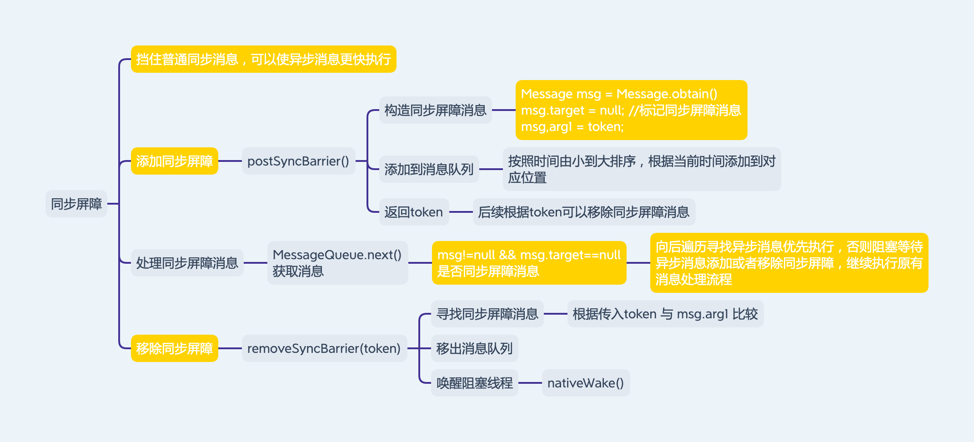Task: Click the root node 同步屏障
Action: pyautogui.click(x=76, y=204)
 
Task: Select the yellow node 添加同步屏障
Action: pyautogui.click(x=174, y=161)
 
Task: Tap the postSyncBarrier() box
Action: pyautogui.click(x=298, y=161)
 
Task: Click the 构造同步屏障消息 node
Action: pyautogui.click(x=435, y=110)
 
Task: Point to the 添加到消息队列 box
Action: pyautogui.click(x=429, y=169)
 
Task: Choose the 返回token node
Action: pyautogui.click(x=414, y=212)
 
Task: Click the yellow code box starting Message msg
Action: pyautogui.click(x=631, y=110)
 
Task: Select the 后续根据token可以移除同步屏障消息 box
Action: pyautogui.click(x=584, y=212)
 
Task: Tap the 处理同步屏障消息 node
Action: pyautogui.click(x=187, y=263)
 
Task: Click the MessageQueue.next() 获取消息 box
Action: pyautogui.click(x=337, y=263)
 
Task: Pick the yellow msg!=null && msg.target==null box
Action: pyautogui.click(x=529, y=263)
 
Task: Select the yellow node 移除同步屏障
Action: pyautogui.click(x=174, y=348)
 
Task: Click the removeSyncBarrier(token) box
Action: pyautogui.click(x=324, y=348)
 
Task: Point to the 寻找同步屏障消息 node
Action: pyautogui.click(x=487, y=314)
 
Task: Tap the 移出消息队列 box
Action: pyautogui.click(x=474, y=348)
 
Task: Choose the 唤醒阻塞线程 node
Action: pyautogui.click(x=474, y=383)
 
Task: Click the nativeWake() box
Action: pyautogui.click(x=586, y=383)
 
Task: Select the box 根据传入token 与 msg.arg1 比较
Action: pyautogui.click(x=665, y=314)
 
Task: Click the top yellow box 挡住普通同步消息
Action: pyautogui.click(x=263, y=59)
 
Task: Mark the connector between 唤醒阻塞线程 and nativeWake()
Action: pyautogui.click(x=530, y=383)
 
